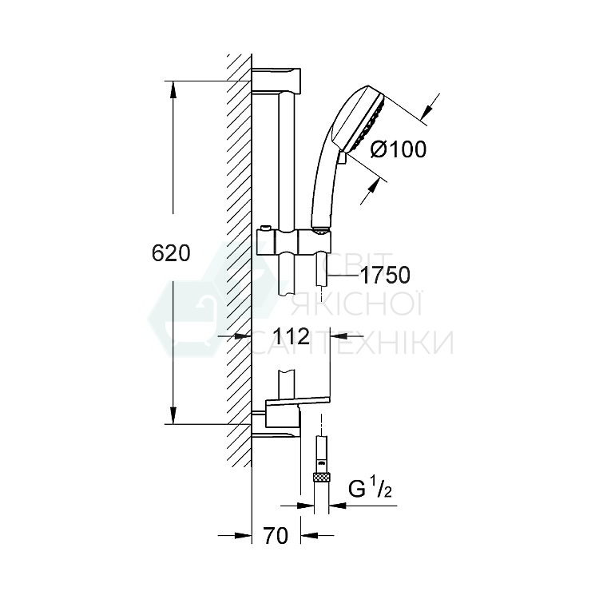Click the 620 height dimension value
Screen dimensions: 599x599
coord(171,253)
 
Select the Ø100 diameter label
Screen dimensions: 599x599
coord(399,149)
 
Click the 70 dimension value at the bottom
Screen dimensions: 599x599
coord(275,537)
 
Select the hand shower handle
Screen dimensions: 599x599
coord(323,184)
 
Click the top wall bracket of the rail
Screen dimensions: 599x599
coord(277,79)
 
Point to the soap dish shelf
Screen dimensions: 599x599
coord(299,399)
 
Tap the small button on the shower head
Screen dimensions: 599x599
coord(342,157)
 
